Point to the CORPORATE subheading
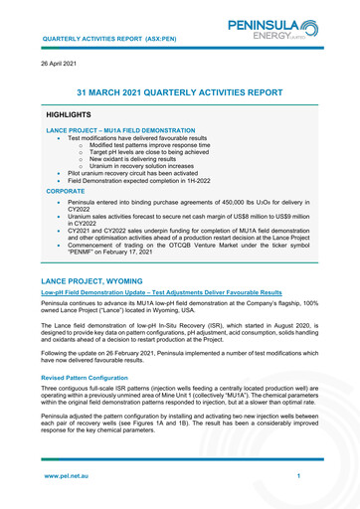pyautogui.click(x=66, y=189)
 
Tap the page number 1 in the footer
pyautogui.click(x=298, y=477)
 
